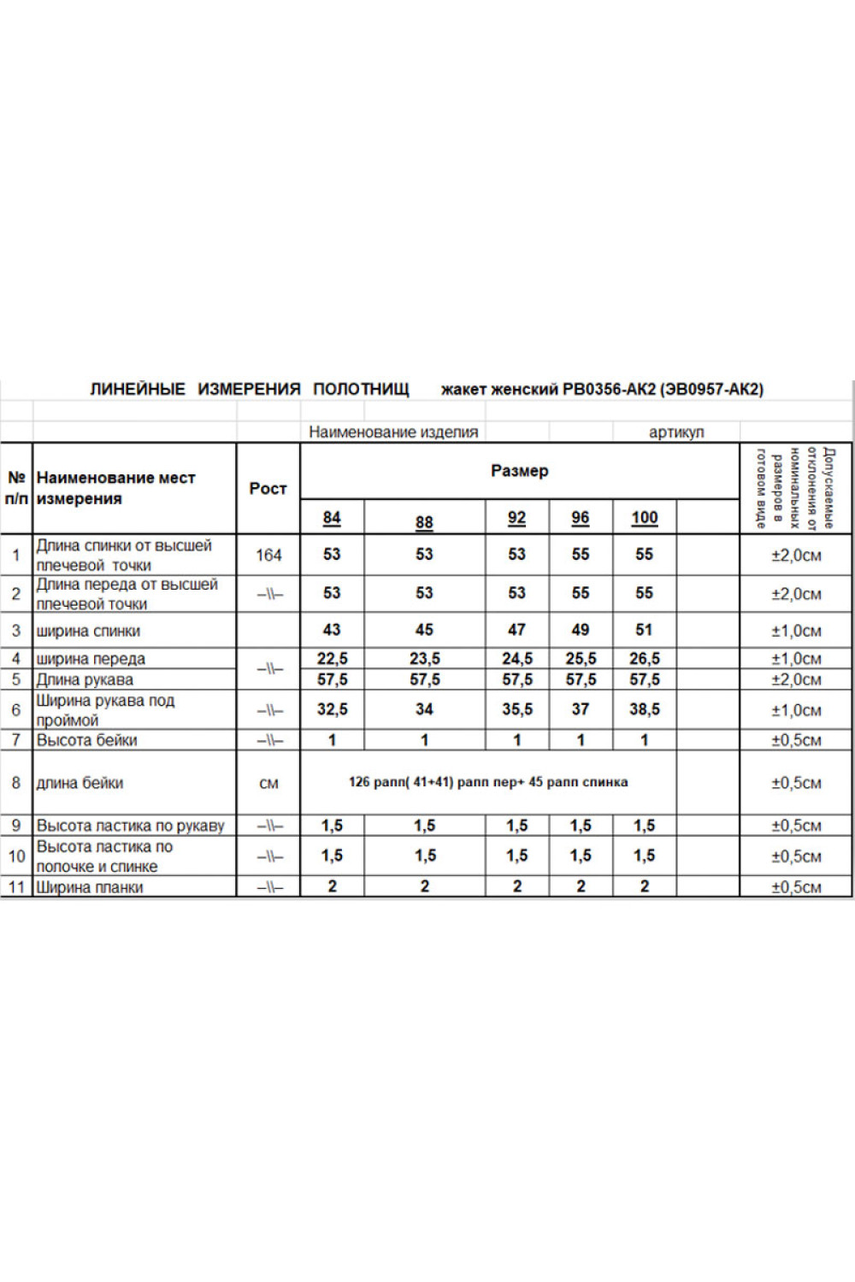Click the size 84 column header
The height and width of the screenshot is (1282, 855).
332,518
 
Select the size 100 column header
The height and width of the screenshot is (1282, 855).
644,517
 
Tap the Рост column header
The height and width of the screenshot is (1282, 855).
268,488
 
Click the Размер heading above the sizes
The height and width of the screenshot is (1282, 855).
519,470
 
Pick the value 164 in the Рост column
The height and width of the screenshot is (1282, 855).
268,555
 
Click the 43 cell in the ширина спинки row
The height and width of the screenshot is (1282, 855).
332,630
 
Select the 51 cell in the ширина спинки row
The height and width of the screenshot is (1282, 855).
644,630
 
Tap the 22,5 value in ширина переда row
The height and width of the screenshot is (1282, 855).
332,659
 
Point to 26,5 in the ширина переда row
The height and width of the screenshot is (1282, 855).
644,659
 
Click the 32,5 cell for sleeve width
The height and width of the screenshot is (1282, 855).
332,709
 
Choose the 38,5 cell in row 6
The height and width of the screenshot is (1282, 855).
644,709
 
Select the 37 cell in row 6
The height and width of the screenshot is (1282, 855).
581,709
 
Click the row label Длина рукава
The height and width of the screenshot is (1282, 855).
85,680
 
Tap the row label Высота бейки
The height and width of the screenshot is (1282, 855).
86,740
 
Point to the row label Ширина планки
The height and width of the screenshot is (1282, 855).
89,887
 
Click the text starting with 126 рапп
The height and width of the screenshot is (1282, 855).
488,782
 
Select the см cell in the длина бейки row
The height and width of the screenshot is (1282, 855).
268,783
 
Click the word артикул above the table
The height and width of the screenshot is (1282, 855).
676,432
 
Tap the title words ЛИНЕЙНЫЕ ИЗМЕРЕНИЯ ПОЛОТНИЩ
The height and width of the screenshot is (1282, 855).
250,390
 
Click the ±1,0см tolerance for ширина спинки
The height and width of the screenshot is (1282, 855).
796,631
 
